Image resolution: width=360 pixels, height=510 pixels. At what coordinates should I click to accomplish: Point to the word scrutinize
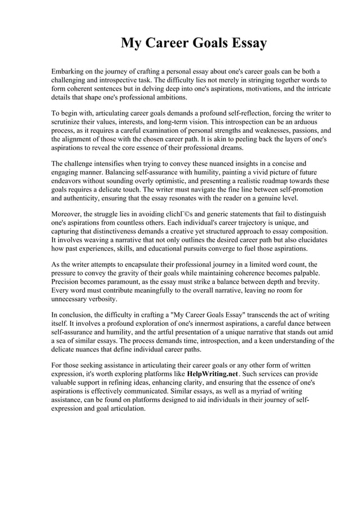pos(69,121)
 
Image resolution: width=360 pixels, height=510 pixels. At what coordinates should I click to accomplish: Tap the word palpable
pos(300,272)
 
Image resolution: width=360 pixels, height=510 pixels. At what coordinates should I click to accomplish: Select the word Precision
pos(68,281)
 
